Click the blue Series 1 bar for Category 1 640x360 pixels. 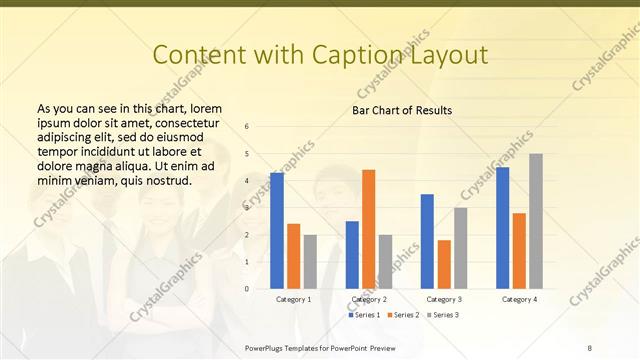coord(277,231)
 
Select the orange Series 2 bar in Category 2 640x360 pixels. coord(368,229)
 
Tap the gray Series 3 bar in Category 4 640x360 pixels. coord(536,221)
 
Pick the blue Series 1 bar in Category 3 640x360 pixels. coord(427,241)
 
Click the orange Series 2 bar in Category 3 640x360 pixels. coord(444,264)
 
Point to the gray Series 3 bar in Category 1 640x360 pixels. coord(310,262)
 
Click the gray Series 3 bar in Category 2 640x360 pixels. coord(385,262)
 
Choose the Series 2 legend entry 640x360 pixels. coord(402,315)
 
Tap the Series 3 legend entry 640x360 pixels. coord(441,315)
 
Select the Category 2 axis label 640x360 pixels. coord(369,299)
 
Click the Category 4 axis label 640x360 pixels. coord(519,299)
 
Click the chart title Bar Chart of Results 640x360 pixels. coord(402,110)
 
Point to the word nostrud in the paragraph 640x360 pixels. coord(166,180)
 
